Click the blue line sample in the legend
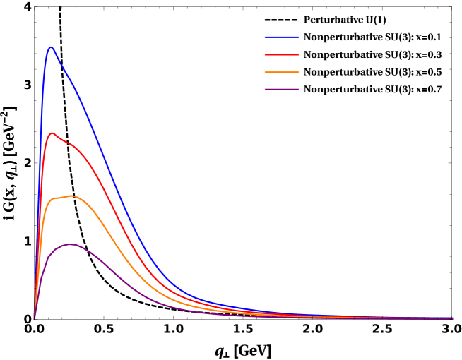[x=281, y=37]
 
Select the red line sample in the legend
[x=281, y=54]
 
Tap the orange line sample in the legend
[x=281, y=72]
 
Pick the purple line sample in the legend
[x=281, y=90]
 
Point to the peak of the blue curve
[x=51, y=47]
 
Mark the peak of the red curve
[x=52, y=133]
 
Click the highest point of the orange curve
[x=71, y=196]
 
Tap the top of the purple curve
[x=71, y=244]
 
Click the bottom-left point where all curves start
[x=34, y=319]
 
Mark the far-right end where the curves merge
[x=452, y=318]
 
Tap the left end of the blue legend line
[x=265, y=37]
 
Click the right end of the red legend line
[x=298, y=54]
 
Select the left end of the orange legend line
[x=265, y=72]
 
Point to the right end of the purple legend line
[x=298, y=90]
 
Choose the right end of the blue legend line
[x=298, y=37]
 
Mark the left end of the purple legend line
[x=265, y=90]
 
